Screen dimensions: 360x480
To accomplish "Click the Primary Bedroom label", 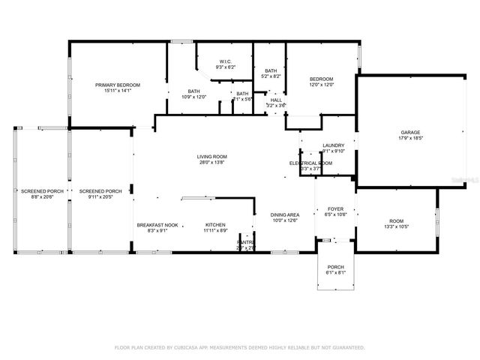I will [x=118, y=85].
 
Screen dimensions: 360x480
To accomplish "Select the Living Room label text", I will [x=212, y=156].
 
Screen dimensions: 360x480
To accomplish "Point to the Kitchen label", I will [x=215, y=225].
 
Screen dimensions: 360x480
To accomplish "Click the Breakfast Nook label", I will [x=157, y=225].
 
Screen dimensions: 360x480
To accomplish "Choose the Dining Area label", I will [x=286, y=214].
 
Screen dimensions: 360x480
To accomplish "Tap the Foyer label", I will [x=335, y=209].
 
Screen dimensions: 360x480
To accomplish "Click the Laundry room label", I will [x=333, y=145].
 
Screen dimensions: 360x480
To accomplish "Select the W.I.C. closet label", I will [x=225, y=61].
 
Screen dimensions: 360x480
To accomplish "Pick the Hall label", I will [x=276, y=100].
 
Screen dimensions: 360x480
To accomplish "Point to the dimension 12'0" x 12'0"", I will [x=322, y=85].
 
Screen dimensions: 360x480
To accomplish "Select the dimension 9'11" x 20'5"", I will [x=100, y=196].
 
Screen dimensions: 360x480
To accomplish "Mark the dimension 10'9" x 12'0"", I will [x=193, y=97].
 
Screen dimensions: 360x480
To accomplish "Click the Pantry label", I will [x=246, y=242].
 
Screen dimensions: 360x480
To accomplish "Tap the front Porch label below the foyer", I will [x=335, y=268].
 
